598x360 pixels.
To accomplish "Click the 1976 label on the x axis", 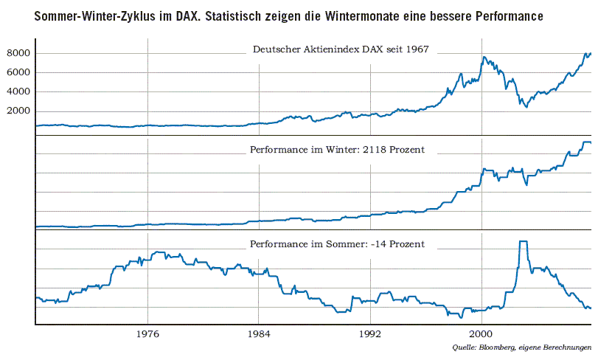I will pyautogui.click(x=148, y=333).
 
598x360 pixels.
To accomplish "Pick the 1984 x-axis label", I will pyautogui.click(x=259, y=333).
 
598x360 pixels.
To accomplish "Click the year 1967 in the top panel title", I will pyautogui.click(x=416, y=50).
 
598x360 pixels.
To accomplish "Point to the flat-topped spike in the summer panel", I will pyautogui.click(x=523, y=242).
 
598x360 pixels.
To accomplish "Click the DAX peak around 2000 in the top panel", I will pyautogui.click(x=484, y=57).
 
